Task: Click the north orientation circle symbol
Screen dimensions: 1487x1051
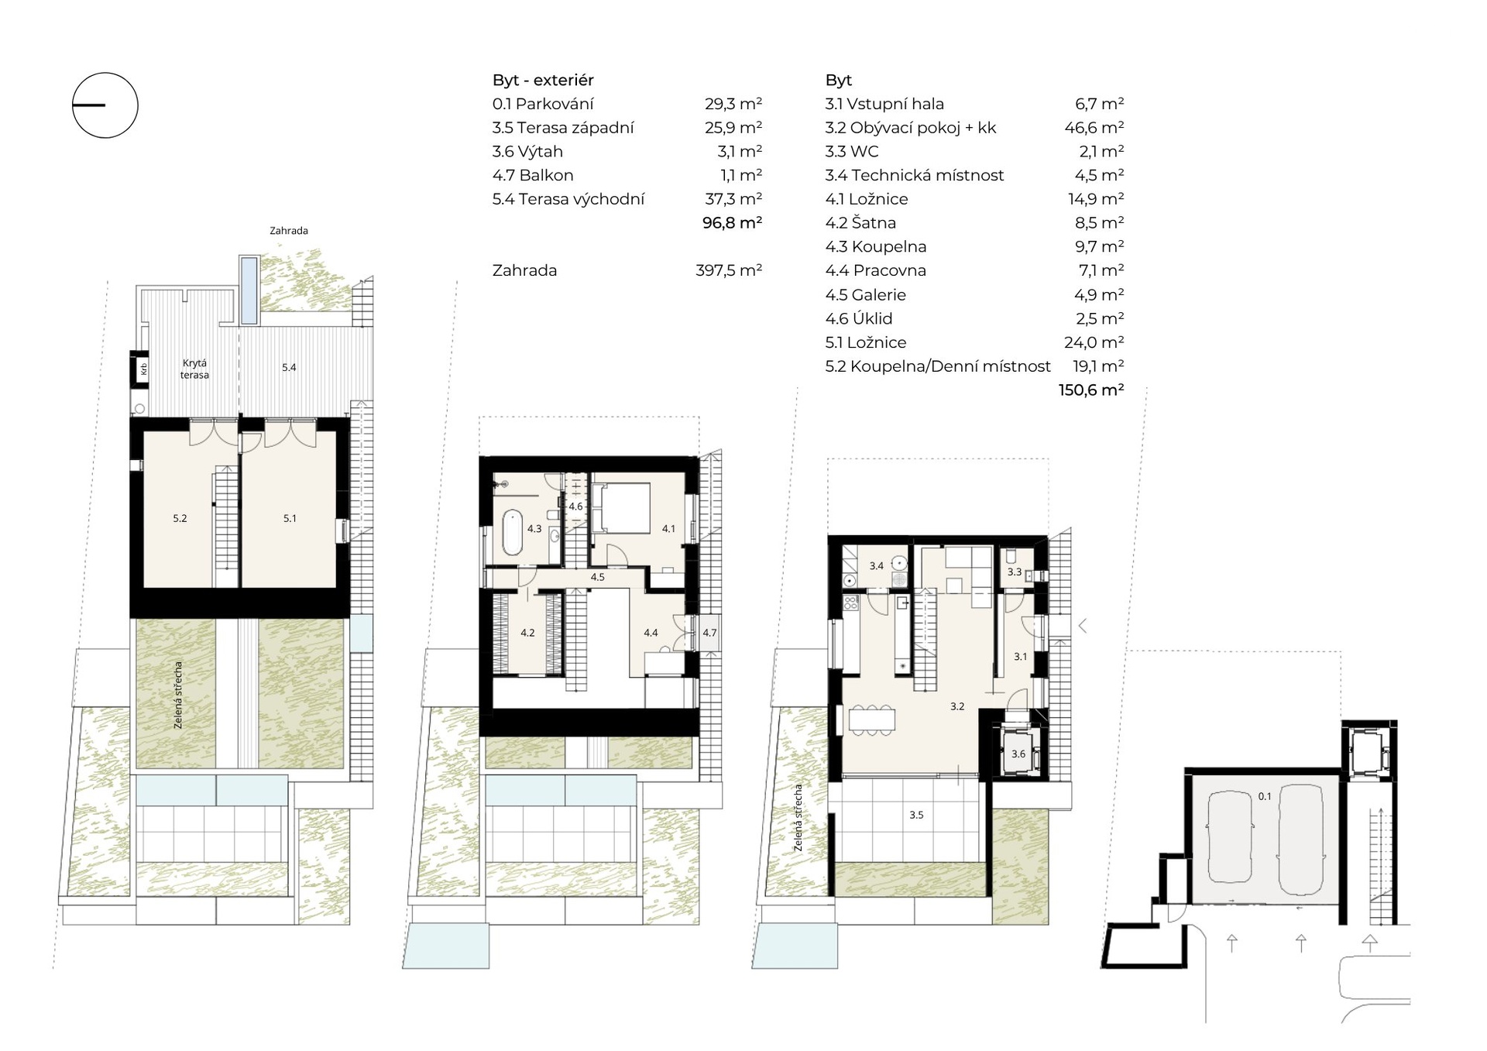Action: [x=105, y=73]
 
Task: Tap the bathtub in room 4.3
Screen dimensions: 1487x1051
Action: [x=512, y=532]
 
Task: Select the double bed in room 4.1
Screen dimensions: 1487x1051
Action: [x=620, y=508]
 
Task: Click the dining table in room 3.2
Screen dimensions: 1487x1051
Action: [x=872, y=720]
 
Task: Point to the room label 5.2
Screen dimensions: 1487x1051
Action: [x=180, y=519]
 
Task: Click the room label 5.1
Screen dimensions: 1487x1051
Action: [x=290, y=519]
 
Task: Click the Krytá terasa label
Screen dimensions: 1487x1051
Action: [x=194, y=369]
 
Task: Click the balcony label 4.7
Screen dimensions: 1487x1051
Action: [x=709, y=633]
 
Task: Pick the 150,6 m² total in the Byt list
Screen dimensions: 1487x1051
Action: [x=1091, y=390]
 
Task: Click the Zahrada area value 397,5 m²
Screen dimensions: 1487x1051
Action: [x=729, y=270]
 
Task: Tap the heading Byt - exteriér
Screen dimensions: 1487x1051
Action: [x=543, y=80]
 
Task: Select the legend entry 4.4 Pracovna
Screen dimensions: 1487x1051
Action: [x=876, y=270]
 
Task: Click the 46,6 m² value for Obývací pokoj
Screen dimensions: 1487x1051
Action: [x=1094, y=127]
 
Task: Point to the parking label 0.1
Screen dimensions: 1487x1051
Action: [x=1265, y=796]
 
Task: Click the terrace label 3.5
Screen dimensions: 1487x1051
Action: [x=916, y=815]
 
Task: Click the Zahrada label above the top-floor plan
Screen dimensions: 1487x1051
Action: [x=289, y=231]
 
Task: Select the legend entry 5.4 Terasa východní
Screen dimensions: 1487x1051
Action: [x=568, y=199]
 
